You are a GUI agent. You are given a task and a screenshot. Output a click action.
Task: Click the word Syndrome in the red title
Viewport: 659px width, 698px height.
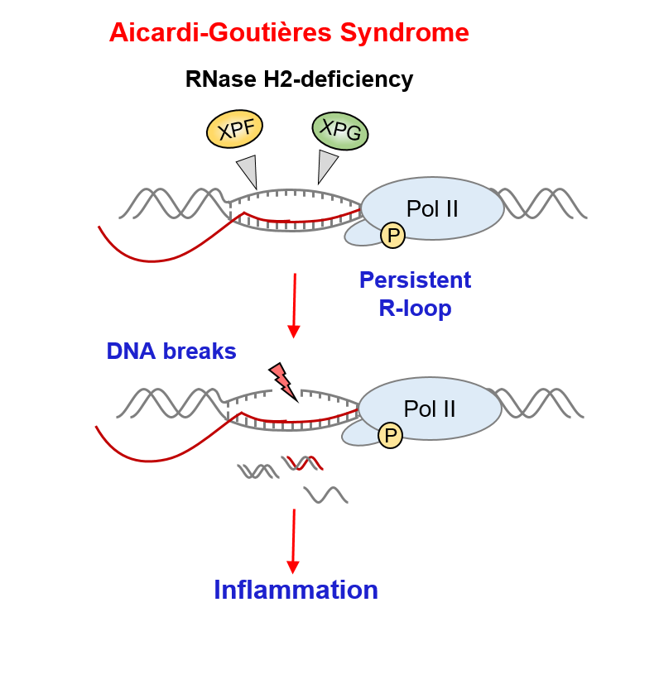tap(404, 33)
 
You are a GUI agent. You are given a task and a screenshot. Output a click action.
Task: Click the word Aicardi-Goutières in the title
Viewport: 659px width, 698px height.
tap(220, 32)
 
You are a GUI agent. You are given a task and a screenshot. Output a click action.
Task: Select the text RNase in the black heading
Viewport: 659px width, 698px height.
tap(220, 79)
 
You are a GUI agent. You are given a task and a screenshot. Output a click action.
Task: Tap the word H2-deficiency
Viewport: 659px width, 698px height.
tap(338, 79)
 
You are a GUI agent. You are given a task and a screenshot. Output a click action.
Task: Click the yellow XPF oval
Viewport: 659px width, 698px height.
tap(235, 129)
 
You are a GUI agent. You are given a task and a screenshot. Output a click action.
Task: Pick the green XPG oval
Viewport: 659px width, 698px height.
tap(340, 131)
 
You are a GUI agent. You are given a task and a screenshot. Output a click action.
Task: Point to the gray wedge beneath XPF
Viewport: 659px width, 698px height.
tap(248, 171)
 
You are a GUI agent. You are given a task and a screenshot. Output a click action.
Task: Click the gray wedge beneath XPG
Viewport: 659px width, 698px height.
tap(327, 166)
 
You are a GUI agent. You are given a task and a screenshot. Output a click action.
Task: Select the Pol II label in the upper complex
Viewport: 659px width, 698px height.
tap(432, 208)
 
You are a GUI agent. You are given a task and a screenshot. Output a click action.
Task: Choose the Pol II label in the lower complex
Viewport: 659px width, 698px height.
tap(430, 409)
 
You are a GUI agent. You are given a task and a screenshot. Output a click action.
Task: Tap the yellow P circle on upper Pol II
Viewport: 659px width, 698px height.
tap(393, 236)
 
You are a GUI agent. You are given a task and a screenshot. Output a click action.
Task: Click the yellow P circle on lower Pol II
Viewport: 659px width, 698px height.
tap(390, 435)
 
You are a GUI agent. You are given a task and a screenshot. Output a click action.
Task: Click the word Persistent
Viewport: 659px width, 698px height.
tap(416, 280)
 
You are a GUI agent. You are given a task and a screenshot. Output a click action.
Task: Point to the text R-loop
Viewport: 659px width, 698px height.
tap(416, 308)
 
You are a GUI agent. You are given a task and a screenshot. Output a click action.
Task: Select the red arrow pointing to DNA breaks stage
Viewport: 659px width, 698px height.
tap(294, 306)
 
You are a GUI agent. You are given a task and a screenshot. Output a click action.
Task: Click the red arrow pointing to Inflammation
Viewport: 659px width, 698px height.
tap(293, 542)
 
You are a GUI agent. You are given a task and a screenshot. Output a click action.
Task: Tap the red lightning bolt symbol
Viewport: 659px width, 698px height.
tap(283, 382)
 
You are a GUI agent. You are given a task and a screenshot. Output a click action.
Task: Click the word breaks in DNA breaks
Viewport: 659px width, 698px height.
tap(200, 351)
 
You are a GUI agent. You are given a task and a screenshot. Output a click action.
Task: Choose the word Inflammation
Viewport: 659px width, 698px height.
tap(296, 590)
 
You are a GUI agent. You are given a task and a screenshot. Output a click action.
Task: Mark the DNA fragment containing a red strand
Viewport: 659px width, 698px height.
tap(302, 463)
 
